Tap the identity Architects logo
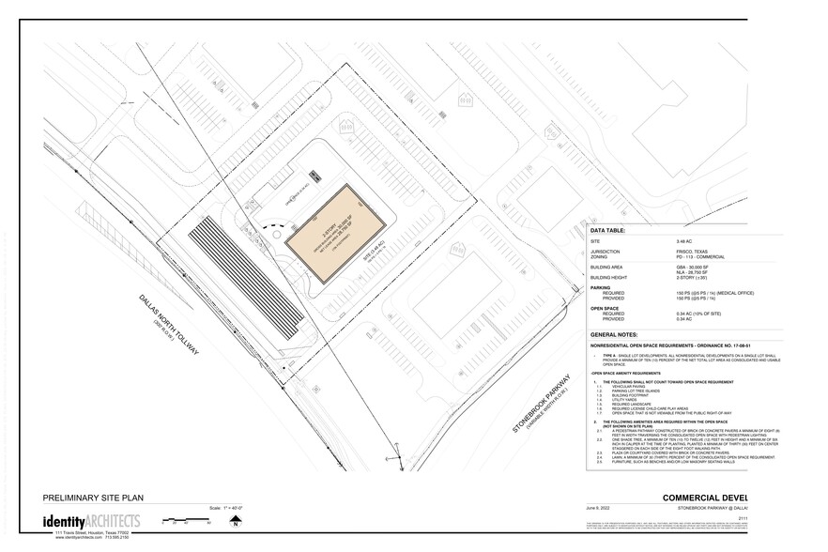point(92,521)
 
